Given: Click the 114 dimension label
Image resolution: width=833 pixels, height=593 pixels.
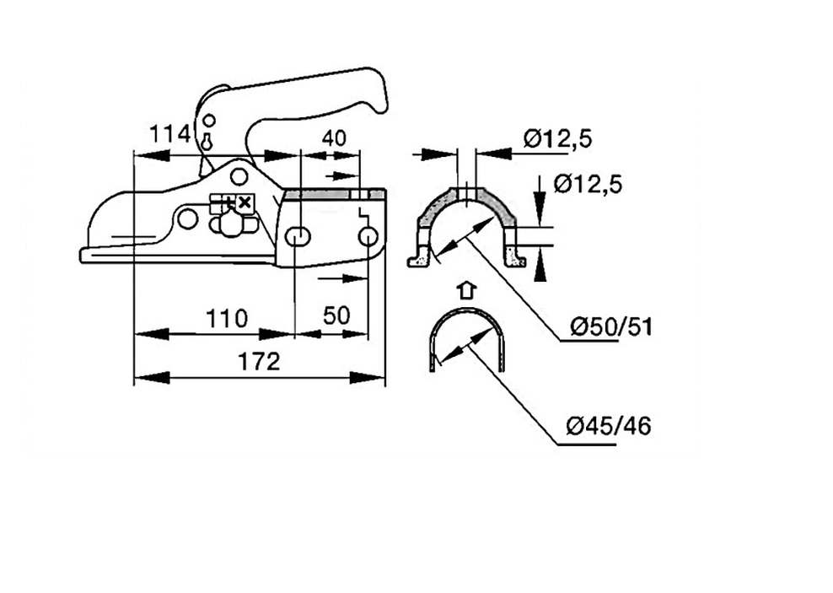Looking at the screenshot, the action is (169, 134).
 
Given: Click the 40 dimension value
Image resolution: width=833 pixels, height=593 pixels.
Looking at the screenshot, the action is (334, 138).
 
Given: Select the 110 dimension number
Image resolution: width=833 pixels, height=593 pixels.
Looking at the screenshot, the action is (227, 318).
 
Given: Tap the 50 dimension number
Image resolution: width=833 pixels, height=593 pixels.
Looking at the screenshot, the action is (336, 315).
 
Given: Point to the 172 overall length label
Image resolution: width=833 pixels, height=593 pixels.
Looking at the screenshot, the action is (259, 362).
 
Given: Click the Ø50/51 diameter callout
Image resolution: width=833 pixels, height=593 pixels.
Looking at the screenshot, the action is (611, 326).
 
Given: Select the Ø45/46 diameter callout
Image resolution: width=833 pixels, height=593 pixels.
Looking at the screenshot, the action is (609, 426).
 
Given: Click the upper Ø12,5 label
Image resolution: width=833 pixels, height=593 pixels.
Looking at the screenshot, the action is (557, 138).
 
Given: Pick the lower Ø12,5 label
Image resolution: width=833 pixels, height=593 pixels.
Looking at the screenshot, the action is (588, 185).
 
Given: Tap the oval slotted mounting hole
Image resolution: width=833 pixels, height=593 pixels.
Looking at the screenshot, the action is (298, 237).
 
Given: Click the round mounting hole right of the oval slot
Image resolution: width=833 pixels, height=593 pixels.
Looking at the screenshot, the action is (368, 237).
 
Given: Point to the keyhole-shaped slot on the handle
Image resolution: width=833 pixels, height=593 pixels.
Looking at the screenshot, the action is (207, 142).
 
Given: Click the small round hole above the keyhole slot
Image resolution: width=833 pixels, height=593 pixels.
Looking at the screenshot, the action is (210, 120).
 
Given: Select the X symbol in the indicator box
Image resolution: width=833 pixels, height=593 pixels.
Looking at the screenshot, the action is (244, 202).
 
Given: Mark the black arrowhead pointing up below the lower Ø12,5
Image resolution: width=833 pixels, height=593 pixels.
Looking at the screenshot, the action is (540, 269).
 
